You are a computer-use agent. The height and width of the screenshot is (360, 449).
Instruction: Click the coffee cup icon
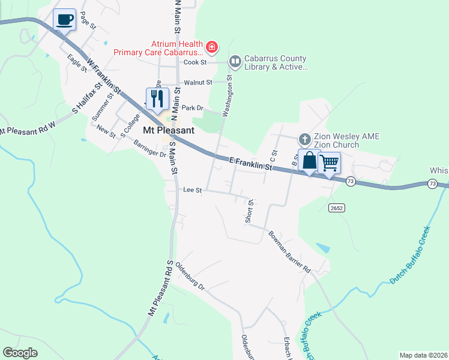pyautogui.click(x=65, y=19)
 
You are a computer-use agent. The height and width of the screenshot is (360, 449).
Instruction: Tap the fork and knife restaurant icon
pyautogui.click(x=157, y=98)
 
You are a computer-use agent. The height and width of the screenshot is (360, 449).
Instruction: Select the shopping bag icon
pyautogui.click(x=309, y=161)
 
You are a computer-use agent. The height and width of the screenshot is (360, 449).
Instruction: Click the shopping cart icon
pyautogui.click(x=330, y=162)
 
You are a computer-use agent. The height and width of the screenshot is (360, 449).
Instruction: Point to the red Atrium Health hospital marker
pyautogui.click(x=211, y=46)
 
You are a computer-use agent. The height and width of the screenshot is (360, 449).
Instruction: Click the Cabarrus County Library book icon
pyautogui.click(x=235, y=61)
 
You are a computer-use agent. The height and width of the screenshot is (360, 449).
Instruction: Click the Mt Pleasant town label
pyautogui.click(x=169, y=130)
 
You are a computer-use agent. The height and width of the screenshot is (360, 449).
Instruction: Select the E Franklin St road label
pyautogui.click(x=251, y=164)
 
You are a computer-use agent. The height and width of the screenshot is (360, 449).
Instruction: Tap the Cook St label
pyautogui.click(x=195, y=62)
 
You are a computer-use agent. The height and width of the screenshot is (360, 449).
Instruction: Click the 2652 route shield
pyautogui.click(x=336, y=208)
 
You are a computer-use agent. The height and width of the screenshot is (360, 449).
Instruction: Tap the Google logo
pyautogui.click(x=20, y=353)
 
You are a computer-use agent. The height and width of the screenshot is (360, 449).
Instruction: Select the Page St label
pyautogui.click(x=88, y=20)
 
